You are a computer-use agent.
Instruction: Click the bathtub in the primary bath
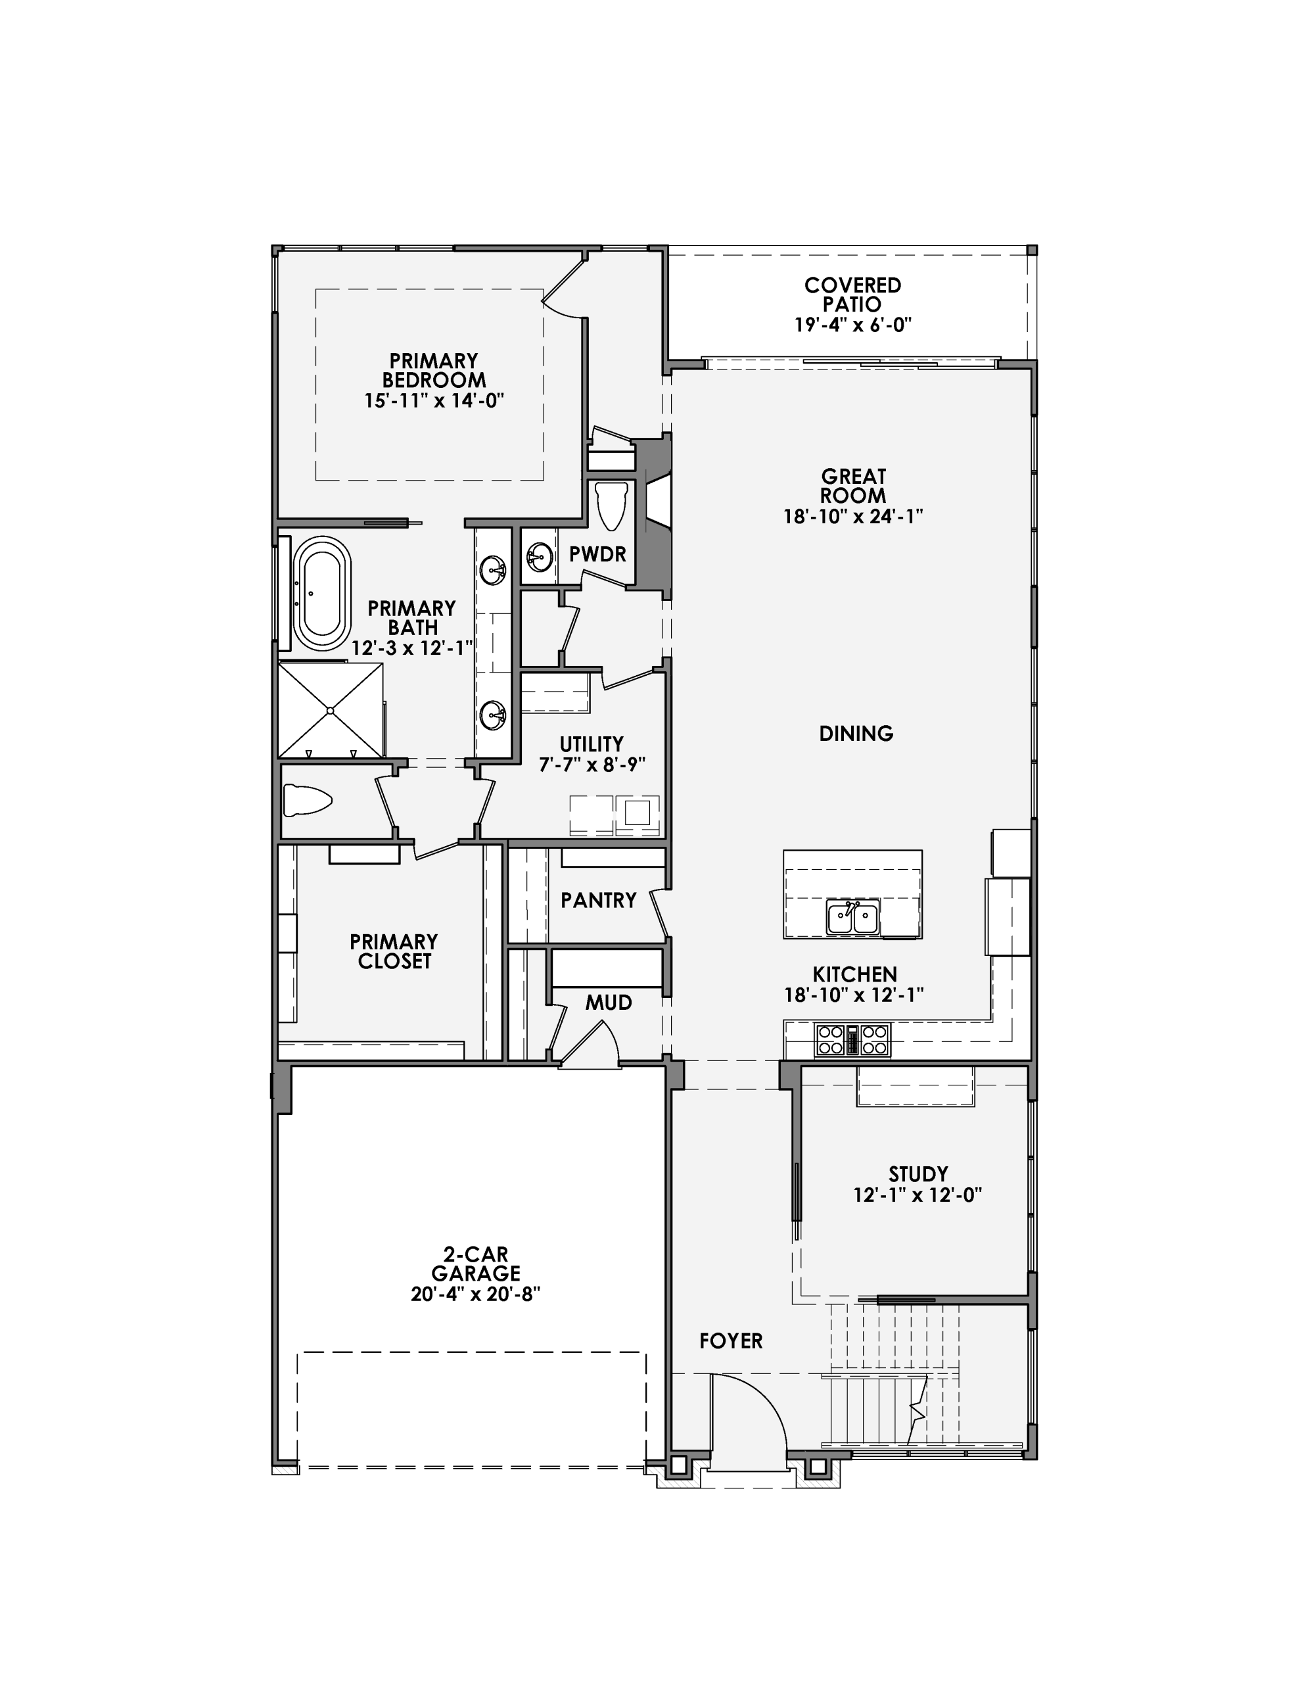[x=322, y=594]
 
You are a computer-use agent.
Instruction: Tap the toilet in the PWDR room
[x=612, y=506]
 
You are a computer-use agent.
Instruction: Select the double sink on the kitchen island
[x=852, y=918]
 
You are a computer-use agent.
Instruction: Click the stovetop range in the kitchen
[x=852, y=1039]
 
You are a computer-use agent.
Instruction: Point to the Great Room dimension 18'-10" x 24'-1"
[x=852, y=516]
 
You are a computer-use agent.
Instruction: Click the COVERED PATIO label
[x=852, y=295]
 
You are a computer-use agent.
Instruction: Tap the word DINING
[x=855, y=734]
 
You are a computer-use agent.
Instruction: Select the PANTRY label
[x=598, y=900]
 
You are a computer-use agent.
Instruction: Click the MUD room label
[x=608, y=1003]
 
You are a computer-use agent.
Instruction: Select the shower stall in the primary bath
[x=330, y=710]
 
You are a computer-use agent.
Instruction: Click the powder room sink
[x=540, y=555]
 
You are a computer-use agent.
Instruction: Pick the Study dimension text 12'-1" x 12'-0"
[x=917, y=1195]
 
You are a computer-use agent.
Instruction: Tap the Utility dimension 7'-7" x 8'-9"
[x=591, y=765]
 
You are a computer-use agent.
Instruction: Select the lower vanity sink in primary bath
[x=492, y=715]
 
